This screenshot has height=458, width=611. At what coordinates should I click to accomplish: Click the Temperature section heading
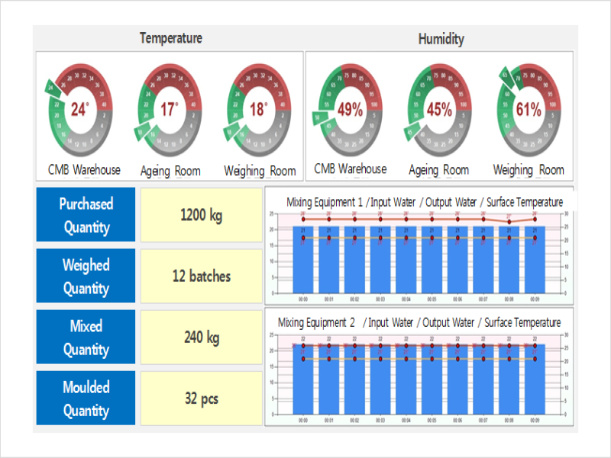[x=170, y=38]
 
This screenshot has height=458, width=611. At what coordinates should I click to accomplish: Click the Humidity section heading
[x=441, y=39]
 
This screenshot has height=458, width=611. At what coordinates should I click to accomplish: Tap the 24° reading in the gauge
[x=80, y=109]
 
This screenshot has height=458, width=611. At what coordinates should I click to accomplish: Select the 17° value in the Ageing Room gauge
[x=169, y=109]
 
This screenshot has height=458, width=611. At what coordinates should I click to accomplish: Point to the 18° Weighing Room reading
[x=258, y=109]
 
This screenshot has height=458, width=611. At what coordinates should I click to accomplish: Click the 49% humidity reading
[x=350, y=109]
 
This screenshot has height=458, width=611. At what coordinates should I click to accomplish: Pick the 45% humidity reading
[x=439, y=109]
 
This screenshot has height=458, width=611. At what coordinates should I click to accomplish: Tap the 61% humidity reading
[x=529, y=109]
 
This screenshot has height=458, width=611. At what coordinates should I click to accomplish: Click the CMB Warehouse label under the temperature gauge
[x=84, y=169]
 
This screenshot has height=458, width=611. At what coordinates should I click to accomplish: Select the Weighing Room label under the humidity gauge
[x=529, y=169]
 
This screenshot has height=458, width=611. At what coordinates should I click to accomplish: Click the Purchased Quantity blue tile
[x=86, y=215]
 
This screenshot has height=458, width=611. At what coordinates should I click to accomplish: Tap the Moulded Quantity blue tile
[x=86, y=398]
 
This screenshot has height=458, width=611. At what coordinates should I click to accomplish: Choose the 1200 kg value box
[x=202, y=215]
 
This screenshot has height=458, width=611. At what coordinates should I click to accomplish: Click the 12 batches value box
[x=202, y=276]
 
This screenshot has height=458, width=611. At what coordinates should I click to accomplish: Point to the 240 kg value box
[x=202, y=337]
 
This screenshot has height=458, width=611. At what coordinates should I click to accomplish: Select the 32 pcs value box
[x=202, y=398]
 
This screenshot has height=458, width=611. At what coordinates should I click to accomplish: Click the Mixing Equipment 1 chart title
[x=425, y=202]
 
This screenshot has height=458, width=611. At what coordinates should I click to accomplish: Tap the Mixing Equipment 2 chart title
[x=419, y=322]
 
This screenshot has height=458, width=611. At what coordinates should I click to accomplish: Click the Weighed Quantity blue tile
[x=86, y=276]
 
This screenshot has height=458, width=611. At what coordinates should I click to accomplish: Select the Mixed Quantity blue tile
[x=86, y=337]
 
